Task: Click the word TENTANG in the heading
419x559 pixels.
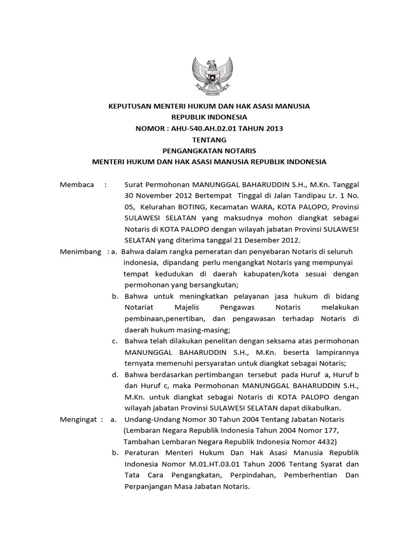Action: click(x=209, y=140)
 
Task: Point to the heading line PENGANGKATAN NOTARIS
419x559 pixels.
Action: click(x=209, y=151)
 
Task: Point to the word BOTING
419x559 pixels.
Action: click(x=195, y=207)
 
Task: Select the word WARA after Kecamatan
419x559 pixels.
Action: click(x=264, y=207)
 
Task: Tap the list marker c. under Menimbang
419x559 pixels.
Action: click(x=115, y=341)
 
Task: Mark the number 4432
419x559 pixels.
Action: click(x=325, y=442)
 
